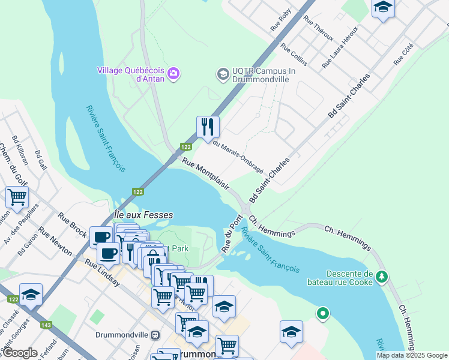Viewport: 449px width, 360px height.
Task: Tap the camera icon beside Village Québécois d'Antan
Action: coord(174,74)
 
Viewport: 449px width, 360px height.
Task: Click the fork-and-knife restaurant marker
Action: coord(208,127)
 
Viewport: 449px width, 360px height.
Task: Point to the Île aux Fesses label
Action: coord(143,214)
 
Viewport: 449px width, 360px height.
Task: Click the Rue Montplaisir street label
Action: coord(206,173)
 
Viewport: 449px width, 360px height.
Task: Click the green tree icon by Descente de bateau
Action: coord(382,277)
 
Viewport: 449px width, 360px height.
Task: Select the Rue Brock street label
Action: coord(73,223)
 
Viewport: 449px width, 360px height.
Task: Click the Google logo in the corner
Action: coord(19,353)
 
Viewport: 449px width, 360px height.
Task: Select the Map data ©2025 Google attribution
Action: coord(412,355)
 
